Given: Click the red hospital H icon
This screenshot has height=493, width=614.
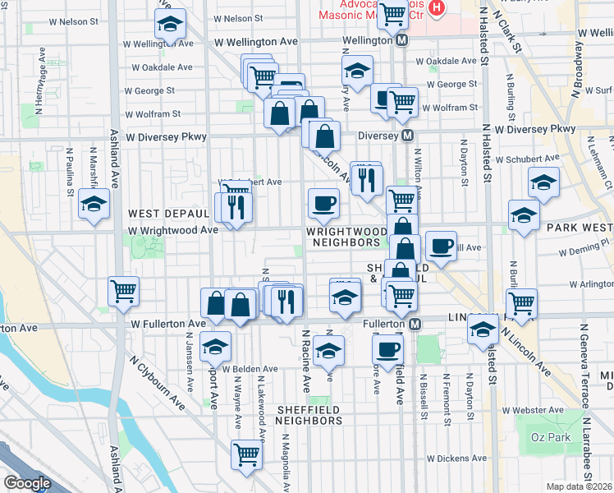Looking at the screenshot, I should coord(436,10).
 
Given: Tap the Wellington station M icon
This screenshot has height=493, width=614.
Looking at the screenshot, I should coord(402,40).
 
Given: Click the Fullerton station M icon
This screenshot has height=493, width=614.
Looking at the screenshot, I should coord(418,325).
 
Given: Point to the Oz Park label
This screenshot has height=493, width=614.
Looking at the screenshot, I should coord(550,437).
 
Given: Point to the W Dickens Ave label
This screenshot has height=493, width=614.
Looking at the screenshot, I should coord(456,458).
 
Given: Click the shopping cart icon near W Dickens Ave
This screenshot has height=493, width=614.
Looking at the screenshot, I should coord(246,454).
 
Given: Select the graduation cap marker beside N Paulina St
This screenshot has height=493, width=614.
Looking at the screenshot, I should coord(94,205).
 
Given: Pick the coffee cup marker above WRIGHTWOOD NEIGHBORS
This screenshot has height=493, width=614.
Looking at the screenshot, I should coord(323,202).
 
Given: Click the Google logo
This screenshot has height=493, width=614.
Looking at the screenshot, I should coord(27,482).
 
